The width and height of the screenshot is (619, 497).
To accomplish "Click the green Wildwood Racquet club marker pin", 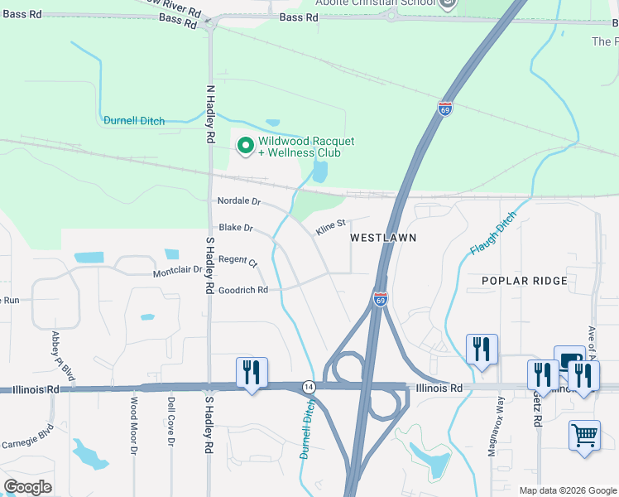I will point(246,147).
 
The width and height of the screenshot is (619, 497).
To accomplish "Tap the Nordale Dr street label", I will point(238,201).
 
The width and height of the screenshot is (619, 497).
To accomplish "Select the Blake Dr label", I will point(236,228).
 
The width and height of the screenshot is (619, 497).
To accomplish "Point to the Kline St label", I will point(329,224).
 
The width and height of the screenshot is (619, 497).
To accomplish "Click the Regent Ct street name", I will point(238,260).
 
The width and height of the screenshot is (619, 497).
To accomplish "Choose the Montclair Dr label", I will point(178,271).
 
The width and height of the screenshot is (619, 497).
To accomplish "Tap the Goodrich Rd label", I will point(242,290).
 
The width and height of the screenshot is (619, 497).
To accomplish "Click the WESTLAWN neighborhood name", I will point(382,238).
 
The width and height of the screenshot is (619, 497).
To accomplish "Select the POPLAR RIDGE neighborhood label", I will point(525,281).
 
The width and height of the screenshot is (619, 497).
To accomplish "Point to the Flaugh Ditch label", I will point(493,233).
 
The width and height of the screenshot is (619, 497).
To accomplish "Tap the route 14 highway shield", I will point(308,387).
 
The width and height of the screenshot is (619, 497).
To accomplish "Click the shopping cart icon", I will point(584,435).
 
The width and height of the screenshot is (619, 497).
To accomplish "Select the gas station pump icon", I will point(569,359).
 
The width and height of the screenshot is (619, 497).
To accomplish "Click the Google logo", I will point(28,487).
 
